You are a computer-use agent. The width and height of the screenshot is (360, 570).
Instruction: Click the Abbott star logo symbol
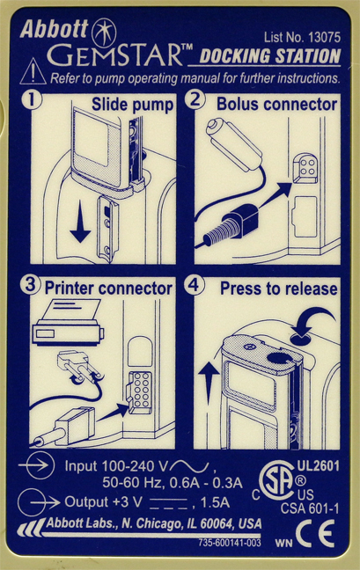click(104, 33)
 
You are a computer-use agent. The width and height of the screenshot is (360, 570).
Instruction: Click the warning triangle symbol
click(33, 71)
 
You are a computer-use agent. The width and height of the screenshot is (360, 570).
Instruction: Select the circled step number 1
click(32, 100)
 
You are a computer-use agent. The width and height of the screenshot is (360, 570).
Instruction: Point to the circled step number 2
click(195, 99)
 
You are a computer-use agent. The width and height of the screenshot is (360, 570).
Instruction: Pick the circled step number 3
click(30, 285)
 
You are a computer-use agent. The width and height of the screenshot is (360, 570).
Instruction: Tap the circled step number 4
click(195, 285)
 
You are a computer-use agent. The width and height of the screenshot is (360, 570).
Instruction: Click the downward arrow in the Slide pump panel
click(80, 226)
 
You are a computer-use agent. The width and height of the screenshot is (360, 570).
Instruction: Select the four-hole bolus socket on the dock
click(305, 168)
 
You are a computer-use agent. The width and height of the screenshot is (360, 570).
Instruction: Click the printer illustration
click(69, 322)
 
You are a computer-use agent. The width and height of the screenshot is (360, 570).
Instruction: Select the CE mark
click(315, 533)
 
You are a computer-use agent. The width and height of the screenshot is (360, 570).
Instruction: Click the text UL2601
click(319, 466)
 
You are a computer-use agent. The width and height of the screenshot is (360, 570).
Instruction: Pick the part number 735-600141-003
click(230, 543)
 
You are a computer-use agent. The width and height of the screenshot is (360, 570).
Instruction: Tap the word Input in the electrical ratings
click(81, 466)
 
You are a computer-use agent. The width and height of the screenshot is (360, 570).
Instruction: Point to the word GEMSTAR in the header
click(114, 55)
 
